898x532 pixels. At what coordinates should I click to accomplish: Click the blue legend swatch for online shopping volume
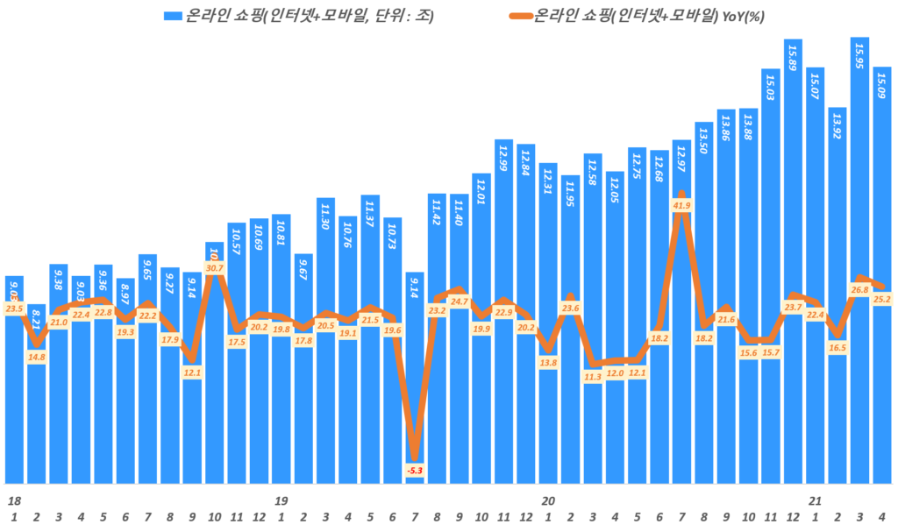point(173,16)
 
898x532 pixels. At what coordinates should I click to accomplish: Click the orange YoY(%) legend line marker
point(521,16)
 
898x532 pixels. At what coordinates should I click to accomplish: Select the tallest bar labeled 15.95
point(859,263)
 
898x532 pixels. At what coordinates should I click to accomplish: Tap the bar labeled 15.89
point(793,263)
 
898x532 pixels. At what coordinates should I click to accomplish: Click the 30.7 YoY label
point(215,266)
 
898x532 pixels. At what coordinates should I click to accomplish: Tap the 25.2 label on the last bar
point(882,300)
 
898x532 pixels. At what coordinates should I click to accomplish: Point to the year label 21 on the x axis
point(815,501)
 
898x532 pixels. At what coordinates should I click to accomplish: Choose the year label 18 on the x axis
point(14,501)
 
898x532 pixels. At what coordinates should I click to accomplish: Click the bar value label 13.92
point(837,126)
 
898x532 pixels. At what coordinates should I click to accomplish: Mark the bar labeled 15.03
point(771,263)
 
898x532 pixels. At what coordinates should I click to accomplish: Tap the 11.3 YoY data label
point(593,377)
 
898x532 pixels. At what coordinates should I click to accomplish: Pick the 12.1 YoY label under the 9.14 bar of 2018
point(192,372)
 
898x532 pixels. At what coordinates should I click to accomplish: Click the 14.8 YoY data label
point(37,356)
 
